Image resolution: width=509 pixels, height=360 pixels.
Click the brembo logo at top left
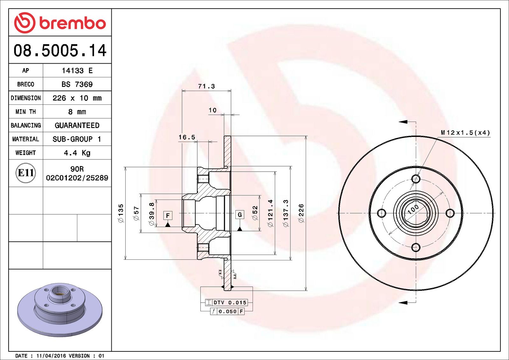(x=60, y=23)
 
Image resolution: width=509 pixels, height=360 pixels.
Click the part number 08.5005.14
(x=60, y=51)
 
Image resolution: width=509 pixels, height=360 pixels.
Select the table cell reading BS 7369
(x=77, y=84)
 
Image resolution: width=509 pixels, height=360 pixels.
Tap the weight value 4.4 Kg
(x=77, y=153)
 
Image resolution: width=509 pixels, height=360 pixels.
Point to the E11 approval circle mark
(x=26, y=173)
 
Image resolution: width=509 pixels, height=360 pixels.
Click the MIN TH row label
(x=26, y=112)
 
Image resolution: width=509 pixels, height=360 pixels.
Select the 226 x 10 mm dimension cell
(x=77, y=98)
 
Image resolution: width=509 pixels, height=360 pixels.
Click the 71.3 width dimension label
(x=206, y=86)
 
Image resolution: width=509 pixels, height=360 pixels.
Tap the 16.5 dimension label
(x=187, y=137)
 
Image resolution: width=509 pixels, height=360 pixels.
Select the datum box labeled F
(x=168, y=215)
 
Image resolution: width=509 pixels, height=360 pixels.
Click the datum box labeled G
(x=240, y=215)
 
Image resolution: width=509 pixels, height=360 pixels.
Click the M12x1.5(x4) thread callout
(x=465, y=133)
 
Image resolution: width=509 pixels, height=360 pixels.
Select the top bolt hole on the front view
(x=416, y=179)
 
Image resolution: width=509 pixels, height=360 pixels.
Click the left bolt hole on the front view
(x=381, y=213)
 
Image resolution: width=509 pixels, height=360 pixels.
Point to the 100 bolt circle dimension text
(x=413, y=209)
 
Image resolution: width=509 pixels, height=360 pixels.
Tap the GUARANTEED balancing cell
(x=77, y=125)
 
